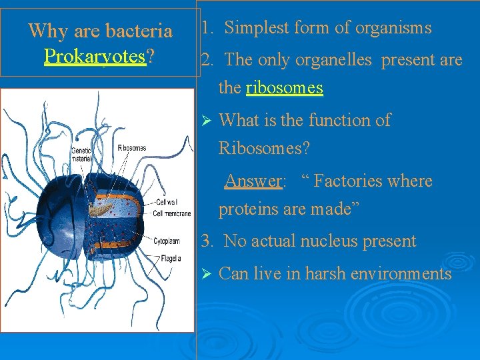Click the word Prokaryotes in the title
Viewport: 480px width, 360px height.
95,56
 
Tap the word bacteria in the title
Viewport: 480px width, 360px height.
139,31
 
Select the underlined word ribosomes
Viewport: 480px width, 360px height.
284,87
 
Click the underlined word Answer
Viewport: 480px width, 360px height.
253,181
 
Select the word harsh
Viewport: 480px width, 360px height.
327,274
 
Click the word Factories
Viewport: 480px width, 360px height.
351,181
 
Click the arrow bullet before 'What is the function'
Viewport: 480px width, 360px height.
206,121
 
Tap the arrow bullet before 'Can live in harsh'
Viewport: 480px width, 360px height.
206,274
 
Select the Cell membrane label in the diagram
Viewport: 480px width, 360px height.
172,213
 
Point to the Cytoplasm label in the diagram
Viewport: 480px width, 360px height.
168,241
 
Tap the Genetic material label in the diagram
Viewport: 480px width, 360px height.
81,155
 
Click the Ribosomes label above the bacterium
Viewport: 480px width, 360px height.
131,147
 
